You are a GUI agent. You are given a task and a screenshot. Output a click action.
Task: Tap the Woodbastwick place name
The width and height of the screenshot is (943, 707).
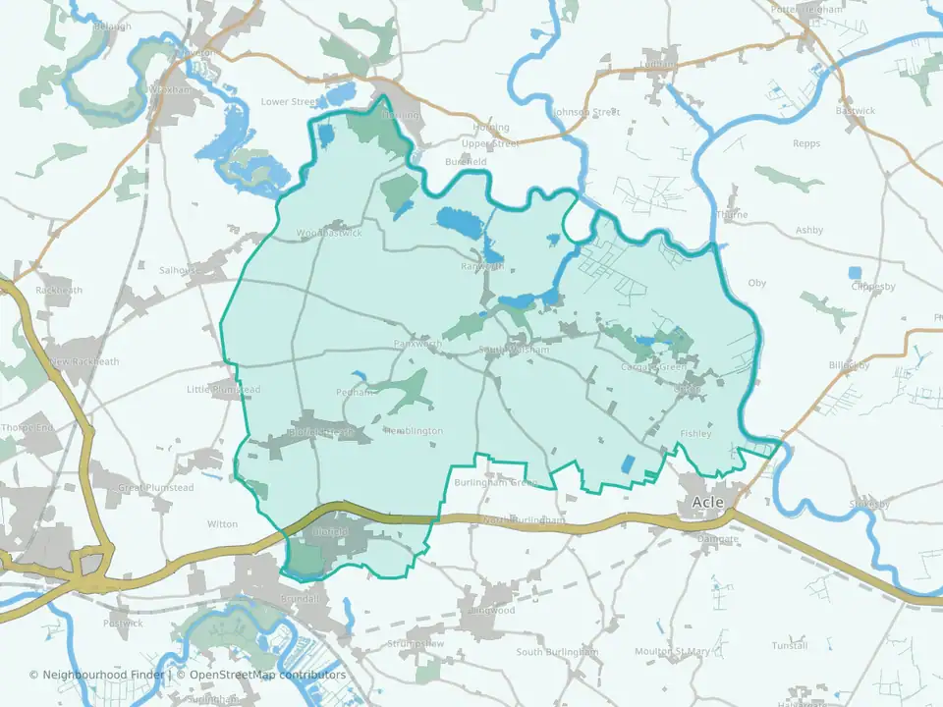click(x=329, y=234)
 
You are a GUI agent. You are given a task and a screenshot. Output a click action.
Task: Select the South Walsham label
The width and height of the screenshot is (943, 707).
click(x=514, y=350)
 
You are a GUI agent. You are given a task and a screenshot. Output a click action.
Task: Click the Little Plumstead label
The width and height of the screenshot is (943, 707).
click(x=224, y=390)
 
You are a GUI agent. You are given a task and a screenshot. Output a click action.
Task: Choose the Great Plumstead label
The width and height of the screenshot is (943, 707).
click(x=156, y=488)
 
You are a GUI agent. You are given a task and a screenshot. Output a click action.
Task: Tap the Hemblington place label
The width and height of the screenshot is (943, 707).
click(x=414, y=431)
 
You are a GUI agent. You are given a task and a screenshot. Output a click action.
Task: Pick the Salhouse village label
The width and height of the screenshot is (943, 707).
click(x=179, y=269)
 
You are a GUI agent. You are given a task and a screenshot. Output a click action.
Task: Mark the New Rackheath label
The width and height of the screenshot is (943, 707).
click(x=84, y=361)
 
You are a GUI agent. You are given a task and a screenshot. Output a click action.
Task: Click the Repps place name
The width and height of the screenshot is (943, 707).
click(x=805, y=143)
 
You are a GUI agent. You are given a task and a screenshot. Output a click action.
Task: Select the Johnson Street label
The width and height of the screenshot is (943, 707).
click(x=586, y=112)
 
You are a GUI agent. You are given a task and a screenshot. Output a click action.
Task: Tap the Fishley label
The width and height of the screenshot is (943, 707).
click(x=694, y=433)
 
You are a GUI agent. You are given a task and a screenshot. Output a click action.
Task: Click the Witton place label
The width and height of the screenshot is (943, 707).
click(x=223, y=524)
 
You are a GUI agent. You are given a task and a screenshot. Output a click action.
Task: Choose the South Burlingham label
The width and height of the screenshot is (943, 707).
click(x=558, y=652)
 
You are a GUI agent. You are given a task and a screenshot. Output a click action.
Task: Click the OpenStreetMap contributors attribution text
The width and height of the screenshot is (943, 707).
click(x=267, y=675)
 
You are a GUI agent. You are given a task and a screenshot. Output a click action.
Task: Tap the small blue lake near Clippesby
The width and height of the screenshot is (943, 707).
click(x=854, y=272)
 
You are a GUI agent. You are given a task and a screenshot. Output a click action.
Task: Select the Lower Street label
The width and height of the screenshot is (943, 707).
click(x=290, y=101)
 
